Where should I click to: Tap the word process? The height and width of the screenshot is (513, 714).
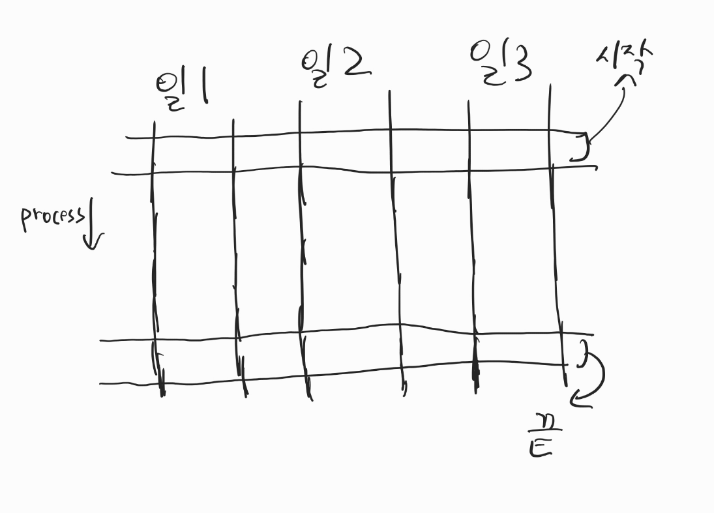[52, 217]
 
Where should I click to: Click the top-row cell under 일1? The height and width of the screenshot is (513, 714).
[193, 154]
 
